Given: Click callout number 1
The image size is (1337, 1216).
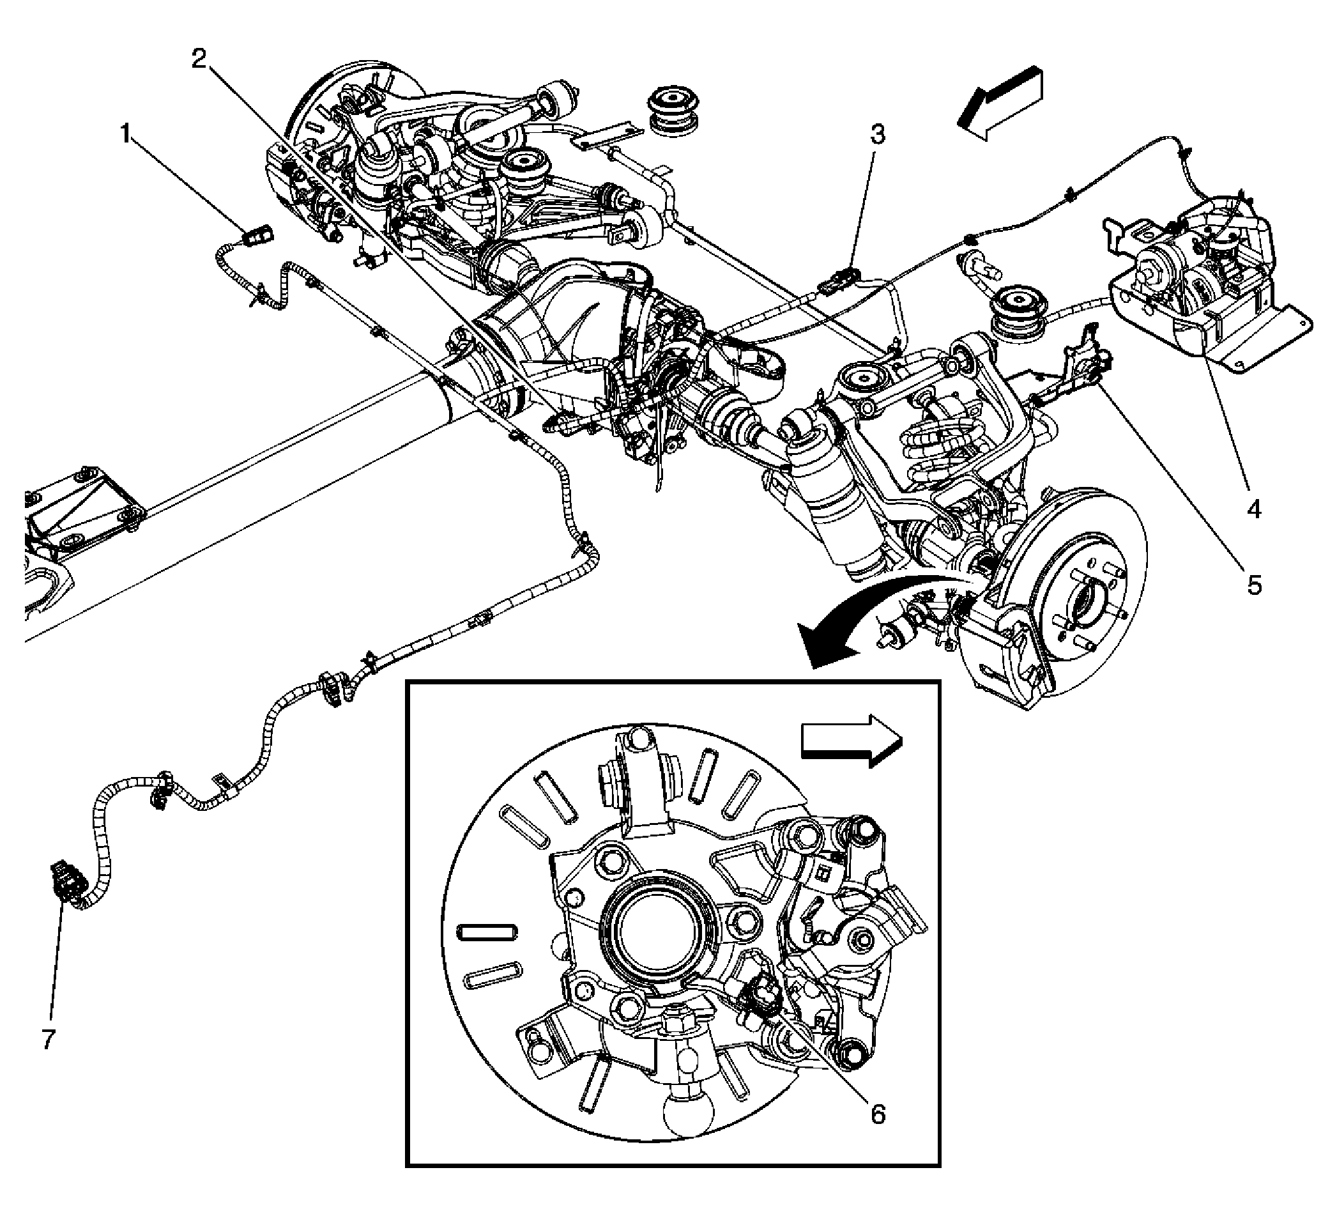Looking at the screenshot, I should point(125,136).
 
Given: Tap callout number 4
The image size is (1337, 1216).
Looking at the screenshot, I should point(1253,509).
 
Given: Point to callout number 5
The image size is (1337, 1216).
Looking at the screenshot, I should point(1253,585).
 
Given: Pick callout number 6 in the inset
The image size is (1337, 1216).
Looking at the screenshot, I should point(878,1114).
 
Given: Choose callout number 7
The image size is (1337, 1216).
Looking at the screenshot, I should point(47,1040).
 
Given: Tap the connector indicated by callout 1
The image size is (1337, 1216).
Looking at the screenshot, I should point(256,236).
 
